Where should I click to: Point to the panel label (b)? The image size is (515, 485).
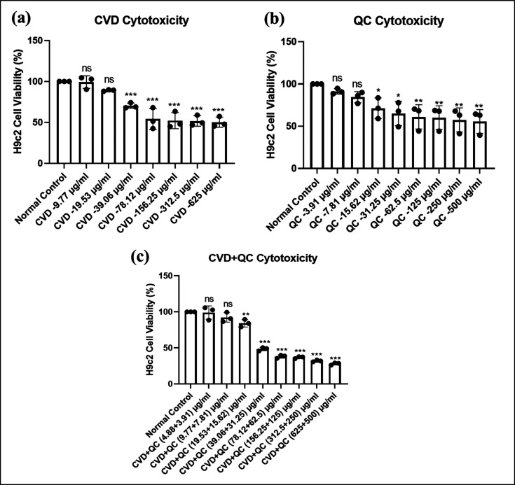tap(283, 20)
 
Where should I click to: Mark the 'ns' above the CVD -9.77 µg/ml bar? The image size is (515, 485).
tap(87, 68)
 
